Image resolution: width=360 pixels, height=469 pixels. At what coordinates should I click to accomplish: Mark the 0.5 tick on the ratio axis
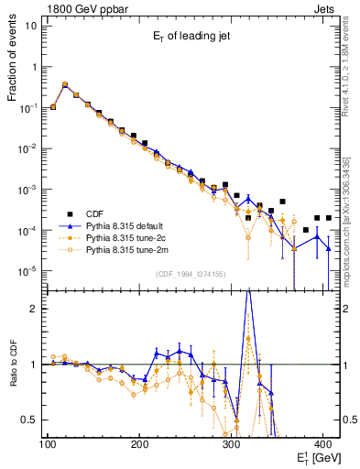pyautogui.click(x=32, y=420)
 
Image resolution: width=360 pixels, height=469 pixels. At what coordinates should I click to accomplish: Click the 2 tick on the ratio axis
pyautogui.click(x=37, y=309)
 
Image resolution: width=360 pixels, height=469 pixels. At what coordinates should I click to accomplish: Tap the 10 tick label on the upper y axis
pyautogui.click(x=32, y=26)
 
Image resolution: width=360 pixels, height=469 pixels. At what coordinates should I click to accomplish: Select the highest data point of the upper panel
pyautogui.click(x=64, y=84)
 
